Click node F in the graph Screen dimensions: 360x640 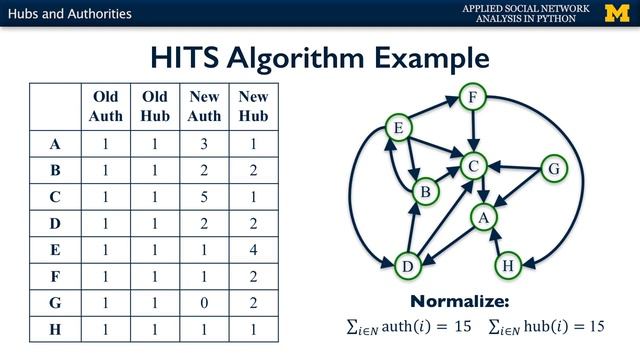473,98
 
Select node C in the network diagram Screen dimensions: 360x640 476,165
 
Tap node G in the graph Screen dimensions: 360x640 553,169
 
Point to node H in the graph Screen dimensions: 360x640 508,265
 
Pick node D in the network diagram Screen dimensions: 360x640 407,266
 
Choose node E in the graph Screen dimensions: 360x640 399,128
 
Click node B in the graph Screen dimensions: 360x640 425,190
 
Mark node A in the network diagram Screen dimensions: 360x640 485,217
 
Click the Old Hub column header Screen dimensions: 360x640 155,106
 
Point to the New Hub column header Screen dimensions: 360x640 254,106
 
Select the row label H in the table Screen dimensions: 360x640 56,327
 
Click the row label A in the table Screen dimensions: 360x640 56,144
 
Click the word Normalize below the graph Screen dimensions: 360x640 459,301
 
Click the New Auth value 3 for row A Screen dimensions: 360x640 205,144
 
